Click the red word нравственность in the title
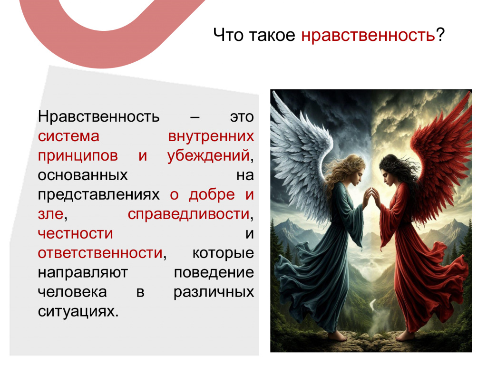tap(368, 35)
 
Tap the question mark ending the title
tap(440, 34)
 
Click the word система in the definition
tap(68, 136)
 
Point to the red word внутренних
tap(211, 136)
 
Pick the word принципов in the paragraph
tap(78, 156)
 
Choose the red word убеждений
tap(208, 155)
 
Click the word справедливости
tap(188, 214)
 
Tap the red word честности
tap(75, 234)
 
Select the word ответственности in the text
tap(100, 253)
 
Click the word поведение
tap(214, 273)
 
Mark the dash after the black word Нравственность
tap(195, 117)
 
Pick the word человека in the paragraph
tap(72, 292)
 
